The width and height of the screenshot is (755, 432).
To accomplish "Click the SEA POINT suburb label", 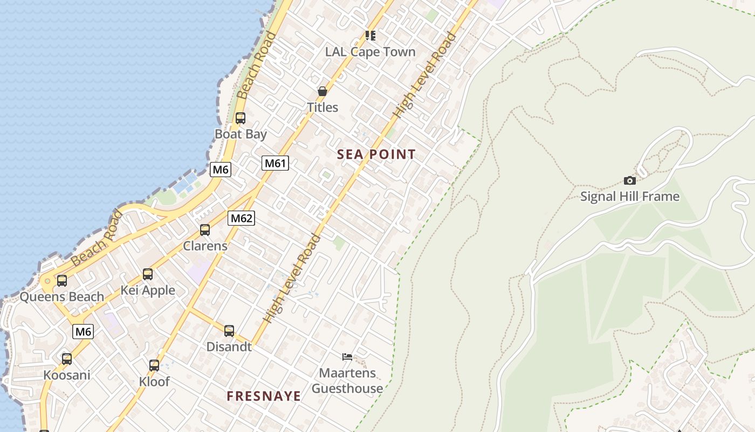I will (376, 154).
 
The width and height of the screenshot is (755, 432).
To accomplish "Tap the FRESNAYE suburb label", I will (264, 396).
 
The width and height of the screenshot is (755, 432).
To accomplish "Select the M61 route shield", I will (275, 163).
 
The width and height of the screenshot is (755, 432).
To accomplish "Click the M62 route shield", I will (241, 218).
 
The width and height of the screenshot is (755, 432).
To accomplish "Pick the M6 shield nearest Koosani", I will (83, 331).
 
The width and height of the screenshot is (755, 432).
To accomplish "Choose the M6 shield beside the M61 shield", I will (221, 170).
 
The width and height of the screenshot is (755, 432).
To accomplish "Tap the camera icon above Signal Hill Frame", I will (629, 180).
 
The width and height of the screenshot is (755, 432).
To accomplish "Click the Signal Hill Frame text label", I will (629, 197).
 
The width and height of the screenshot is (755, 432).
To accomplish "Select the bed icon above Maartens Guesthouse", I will (347, 356).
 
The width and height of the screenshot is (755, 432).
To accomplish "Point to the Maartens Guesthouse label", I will (347, 381).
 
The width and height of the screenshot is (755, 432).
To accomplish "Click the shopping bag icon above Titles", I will (322, 91).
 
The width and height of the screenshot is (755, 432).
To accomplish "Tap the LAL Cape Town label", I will (370, 52).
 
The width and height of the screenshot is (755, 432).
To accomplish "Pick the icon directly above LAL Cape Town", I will (370, 36).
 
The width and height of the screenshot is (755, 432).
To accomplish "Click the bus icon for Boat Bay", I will (241, 118).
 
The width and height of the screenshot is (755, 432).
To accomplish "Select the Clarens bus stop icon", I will (205, 230).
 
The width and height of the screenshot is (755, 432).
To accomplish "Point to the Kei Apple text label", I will (148, 291).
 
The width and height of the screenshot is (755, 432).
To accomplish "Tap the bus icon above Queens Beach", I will (62, 281).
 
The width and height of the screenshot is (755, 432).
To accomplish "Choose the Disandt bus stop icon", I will (229, 331).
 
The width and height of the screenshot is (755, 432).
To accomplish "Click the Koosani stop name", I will (67, 375).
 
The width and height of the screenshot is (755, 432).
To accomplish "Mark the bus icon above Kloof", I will (154, 366).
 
